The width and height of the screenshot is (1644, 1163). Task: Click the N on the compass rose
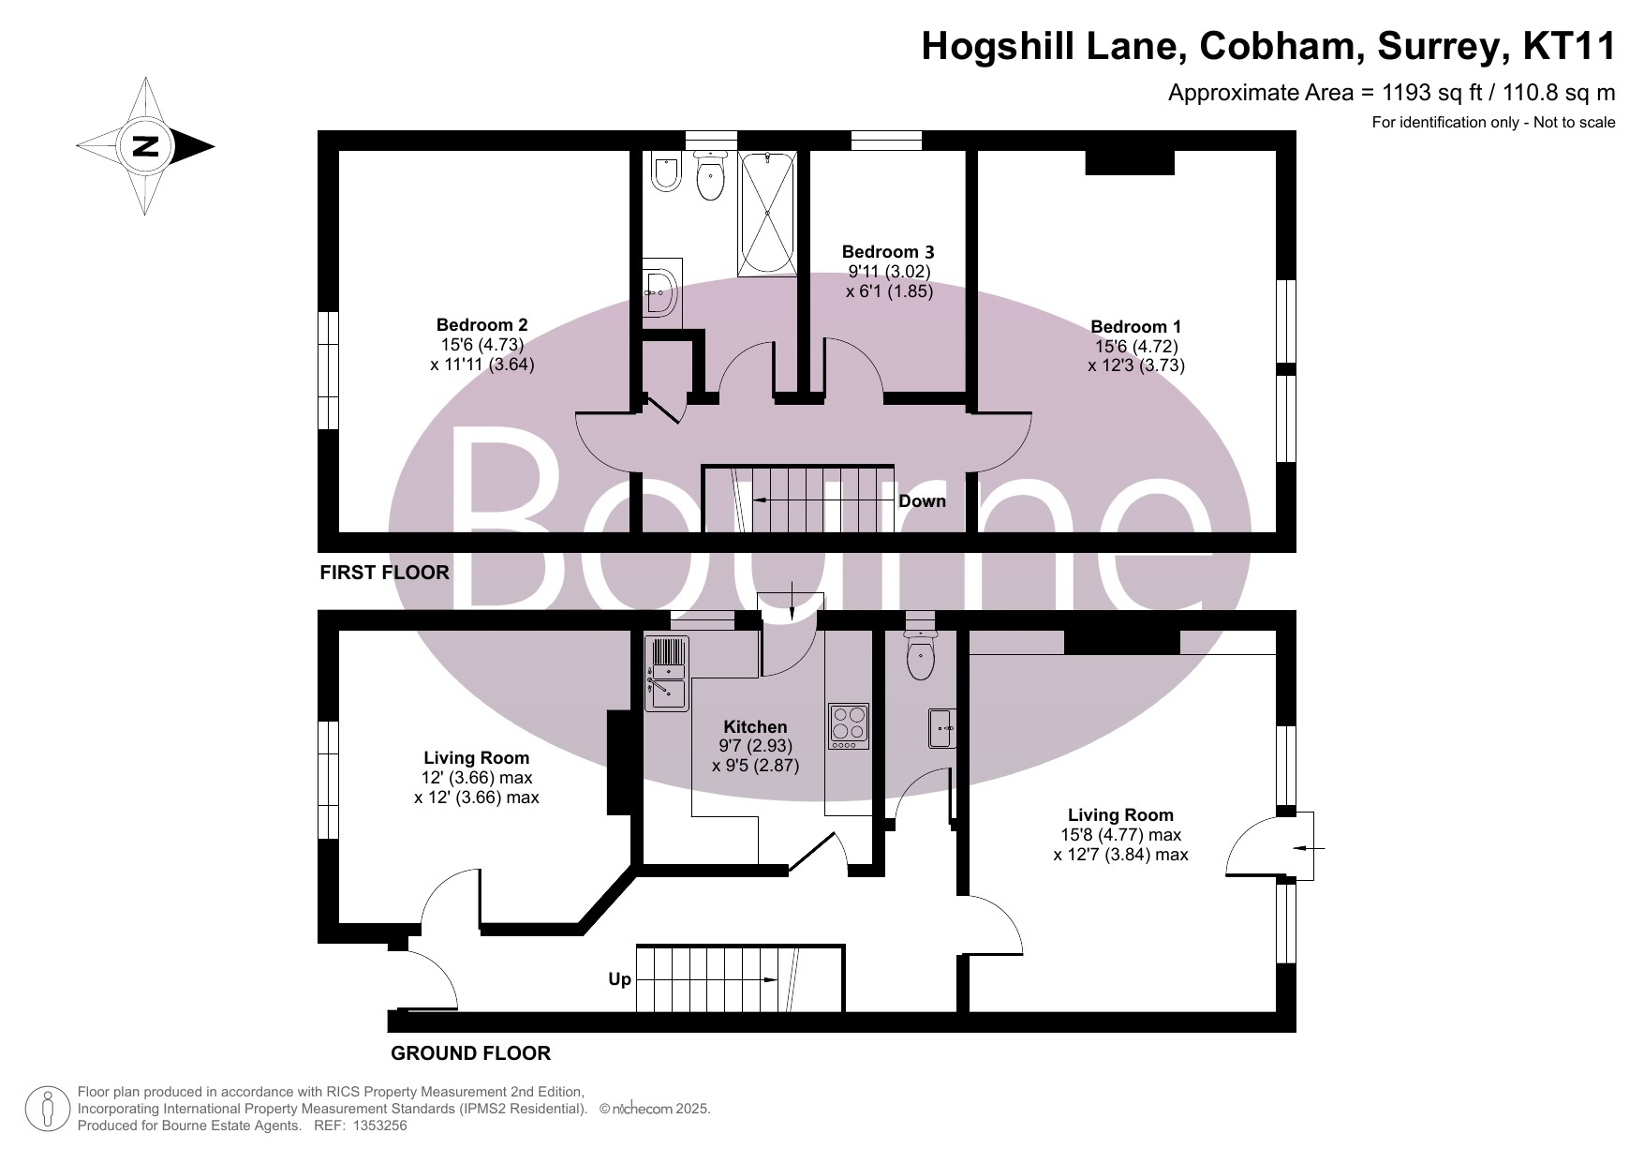(145, 146)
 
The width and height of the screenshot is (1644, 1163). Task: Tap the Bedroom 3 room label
(888, 251)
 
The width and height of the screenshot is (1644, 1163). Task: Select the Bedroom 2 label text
(481, 325)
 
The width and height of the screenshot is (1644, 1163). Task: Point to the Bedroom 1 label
(1135, 327)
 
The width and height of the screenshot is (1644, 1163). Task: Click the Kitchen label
(755, 726)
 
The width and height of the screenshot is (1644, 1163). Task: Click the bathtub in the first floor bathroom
(768, 215)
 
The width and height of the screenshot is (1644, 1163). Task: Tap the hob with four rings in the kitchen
(849, 725)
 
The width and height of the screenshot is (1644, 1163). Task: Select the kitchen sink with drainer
(666, 673)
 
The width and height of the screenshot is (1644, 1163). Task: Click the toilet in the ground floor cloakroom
(921, 655)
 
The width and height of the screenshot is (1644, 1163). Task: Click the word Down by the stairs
(922, 500)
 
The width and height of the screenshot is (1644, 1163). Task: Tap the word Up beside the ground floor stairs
(620, 979)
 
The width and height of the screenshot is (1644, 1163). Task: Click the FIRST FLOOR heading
(385, 573)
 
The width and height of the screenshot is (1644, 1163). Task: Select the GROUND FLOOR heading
(470, 1053)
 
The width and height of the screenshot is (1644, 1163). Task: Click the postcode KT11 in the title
(1569, 46)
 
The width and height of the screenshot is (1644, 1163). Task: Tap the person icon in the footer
(49, 1109)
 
